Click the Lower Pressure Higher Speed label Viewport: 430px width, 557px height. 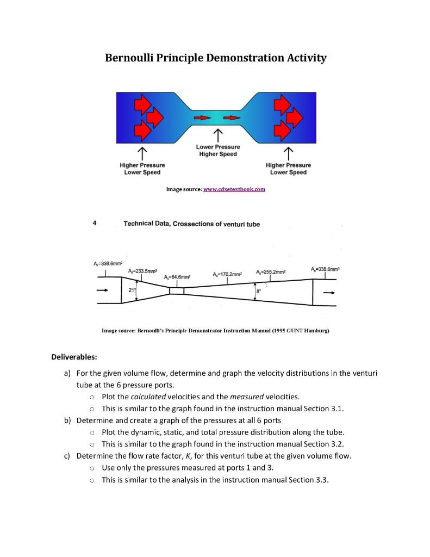217,150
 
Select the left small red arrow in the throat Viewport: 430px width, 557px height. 201,117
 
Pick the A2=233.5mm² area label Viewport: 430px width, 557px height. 143,271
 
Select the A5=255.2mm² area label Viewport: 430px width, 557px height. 270,271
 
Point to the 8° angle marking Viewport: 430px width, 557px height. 258,292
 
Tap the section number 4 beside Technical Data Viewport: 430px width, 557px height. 95,223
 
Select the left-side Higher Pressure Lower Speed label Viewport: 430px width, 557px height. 142,169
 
